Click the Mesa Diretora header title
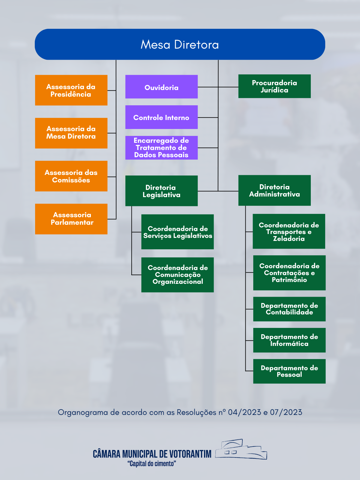(180, 44)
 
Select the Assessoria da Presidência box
(71, 90)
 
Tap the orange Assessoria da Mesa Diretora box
(71, 133)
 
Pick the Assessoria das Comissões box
(71, 176)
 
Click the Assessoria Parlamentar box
(71, 219)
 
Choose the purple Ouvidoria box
(161, 87)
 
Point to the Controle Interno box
(161, 117)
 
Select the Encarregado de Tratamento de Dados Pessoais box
(161, 148)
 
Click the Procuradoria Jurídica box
(274, 86)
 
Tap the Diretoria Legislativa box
(161, 191)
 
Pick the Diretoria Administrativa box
(274, 190)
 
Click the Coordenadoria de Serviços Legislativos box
(178, 232)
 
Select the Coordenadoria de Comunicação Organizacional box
(178, 275)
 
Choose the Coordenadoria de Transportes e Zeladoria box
(289, 231)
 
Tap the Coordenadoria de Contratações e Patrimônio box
(289, 273)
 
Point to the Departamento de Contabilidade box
(289, 309)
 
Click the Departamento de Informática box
(289, 340)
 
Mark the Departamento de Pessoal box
(289, 371)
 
